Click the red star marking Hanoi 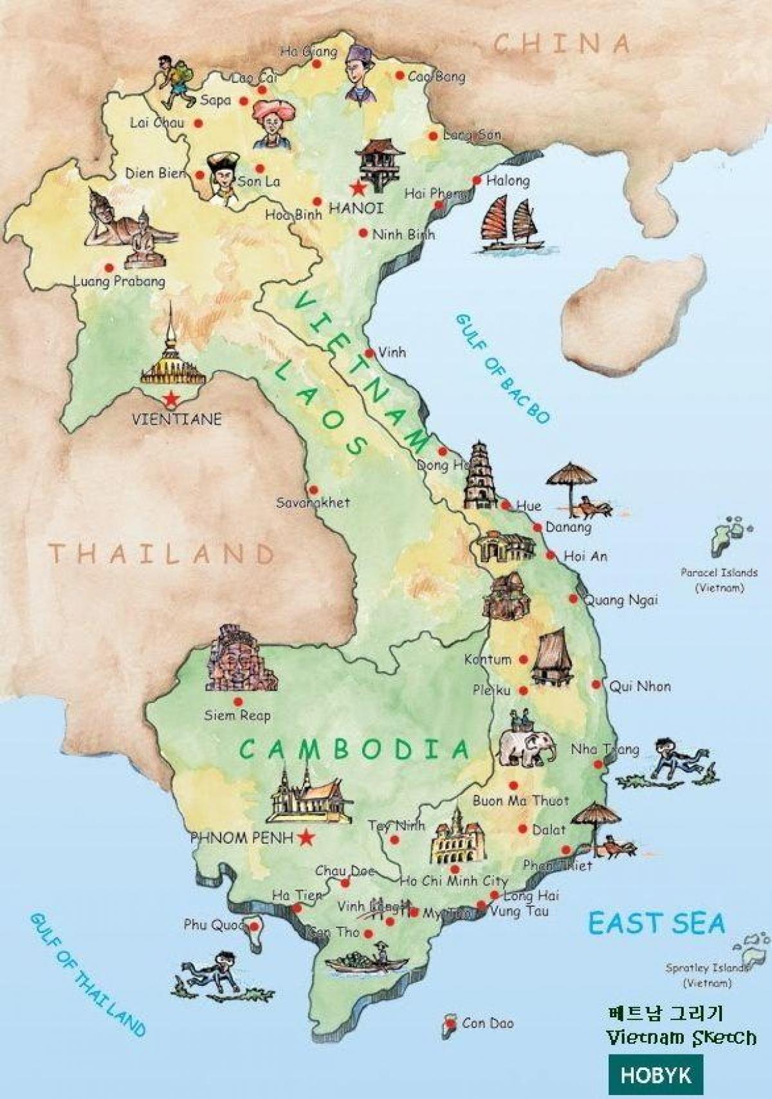[357, 188]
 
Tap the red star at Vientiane [170, 400]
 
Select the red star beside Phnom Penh [306, 837]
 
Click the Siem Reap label [237, 715]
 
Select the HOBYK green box [656, 1075]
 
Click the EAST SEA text [656, 923]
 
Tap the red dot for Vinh [369, 353]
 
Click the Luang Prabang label [119, 281]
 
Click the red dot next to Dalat [522, 830]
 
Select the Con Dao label [488, 1022]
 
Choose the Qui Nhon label [639, 686]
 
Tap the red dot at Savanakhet [313, 490]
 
